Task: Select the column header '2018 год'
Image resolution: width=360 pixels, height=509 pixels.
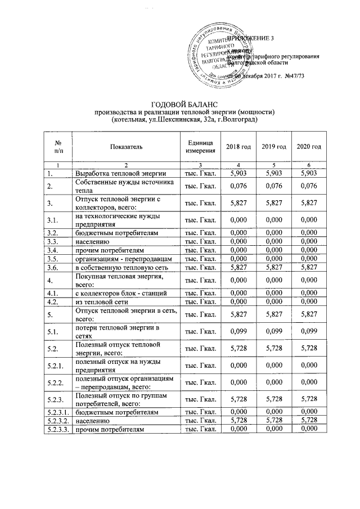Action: [238, 147]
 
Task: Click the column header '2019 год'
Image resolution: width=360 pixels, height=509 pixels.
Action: [273, 147]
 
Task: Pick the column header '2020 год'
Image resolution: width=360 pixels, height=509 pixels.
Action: [309, 147]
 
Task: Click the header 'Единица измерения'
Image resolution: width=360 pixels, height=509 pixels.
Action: [197, 147]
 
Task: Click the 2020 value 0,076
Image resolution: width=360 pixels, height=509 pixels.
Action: [309, 186]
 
